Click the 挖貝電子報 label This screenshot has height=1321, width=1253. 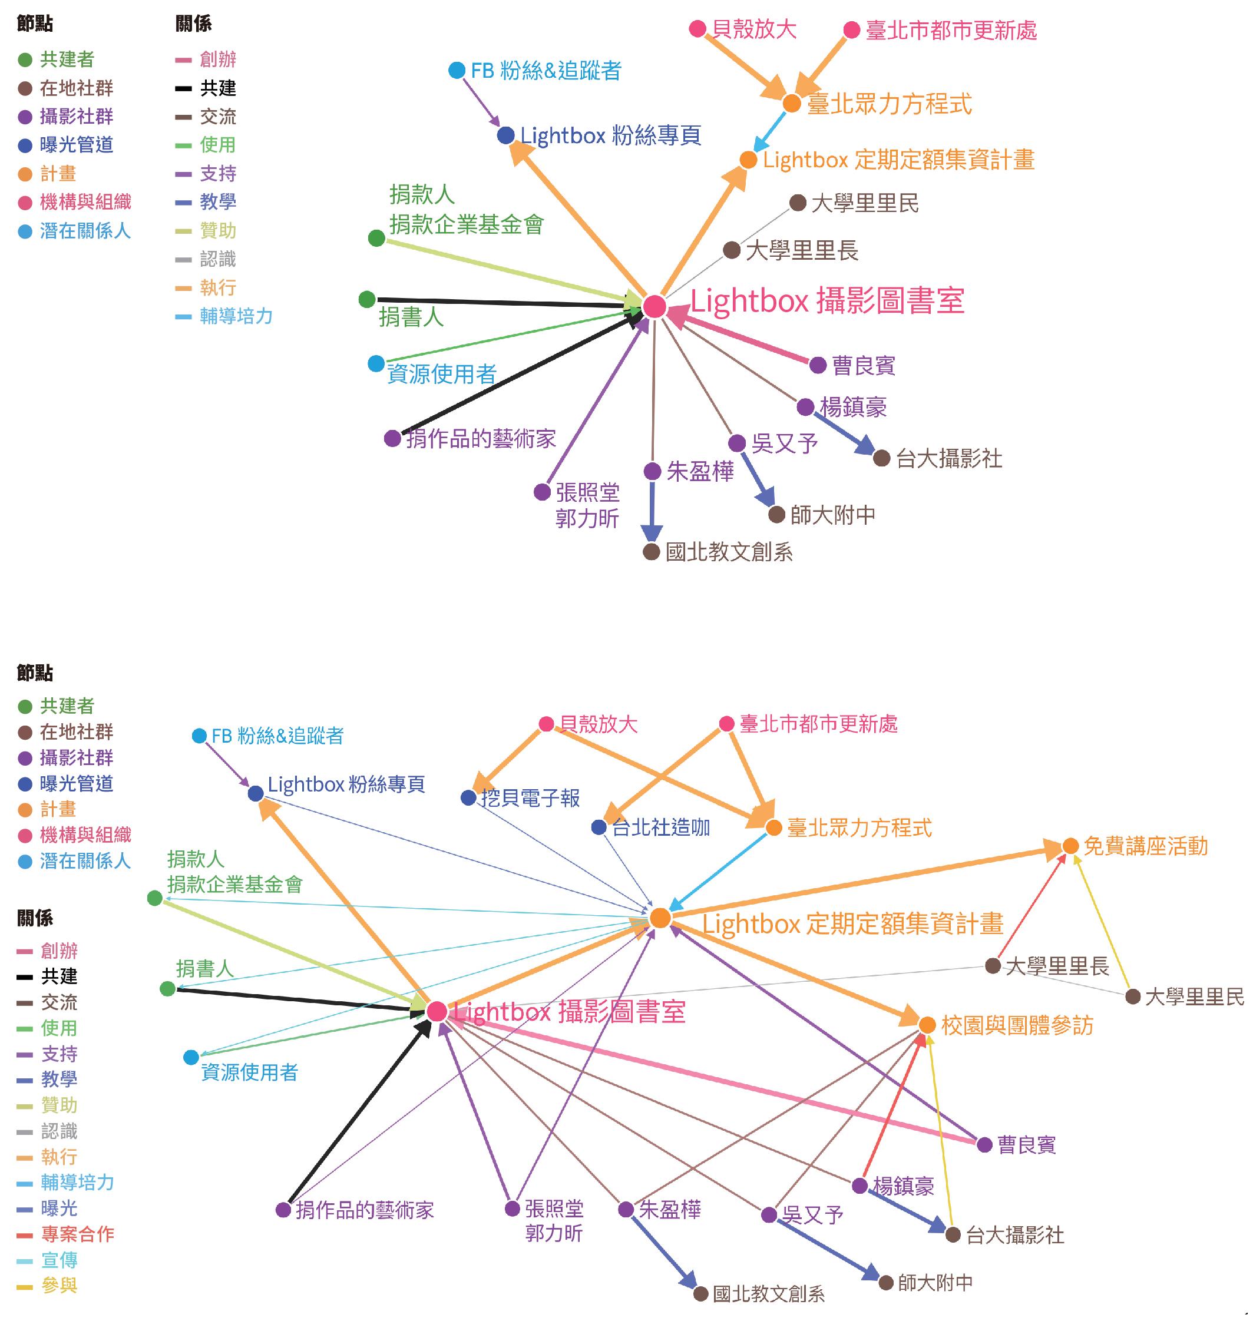(x=530, y=797)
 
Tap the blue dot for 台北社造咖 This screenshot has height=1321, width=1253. (x=599, y=827)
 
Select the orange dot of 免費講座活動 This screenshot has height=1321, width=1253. (x=1070, y=846)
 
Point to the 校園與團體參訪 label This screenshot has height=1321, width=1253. (x=1017, y=1025)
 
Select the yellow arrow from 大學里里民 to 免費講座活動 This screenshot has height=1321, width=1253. (x=1102, y=922)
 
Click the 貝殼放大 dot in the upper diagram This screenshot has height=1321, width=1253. (x=697, y=29)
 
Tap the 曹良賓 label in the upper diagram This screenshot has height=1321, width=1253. (x=863, y=365)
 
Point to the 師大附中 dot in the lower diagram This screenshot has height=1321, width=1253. (x=885, y=1282)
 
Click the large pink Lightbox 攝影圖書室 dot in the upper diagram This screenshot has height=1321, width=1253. (x=654, y=306)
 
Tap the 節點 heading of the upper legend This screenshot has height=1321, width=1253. (x=35, y=24)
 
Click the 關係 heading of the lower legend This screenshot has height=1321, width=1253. (x=35, y=918)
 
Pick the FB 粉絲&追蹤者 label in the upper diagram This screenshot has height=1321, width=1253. (x=545, y=70)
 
